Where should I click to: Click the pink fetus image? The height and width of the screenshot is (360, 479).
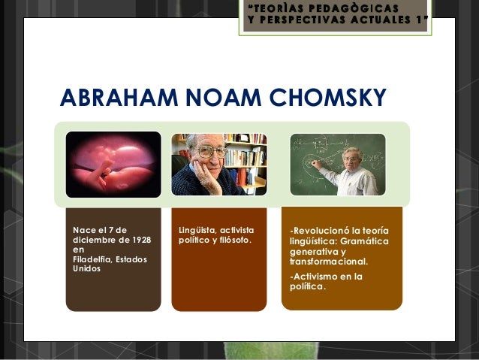(x=113, y=164)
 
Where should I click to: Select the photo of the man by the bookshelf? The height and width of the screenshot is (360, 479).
(x=218, y=164)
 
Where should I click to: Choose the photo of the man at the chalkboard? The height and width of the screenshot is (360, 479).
(x=338, y=164)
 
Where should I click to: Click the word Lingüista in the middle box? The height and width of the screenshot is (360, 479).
(x=196, y=229)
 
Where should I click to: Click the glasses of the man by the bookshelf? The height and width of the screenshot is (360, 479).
(x=212, y=151)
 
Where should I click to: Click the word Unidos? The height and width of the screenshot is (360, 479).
(x=84, y=268)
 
